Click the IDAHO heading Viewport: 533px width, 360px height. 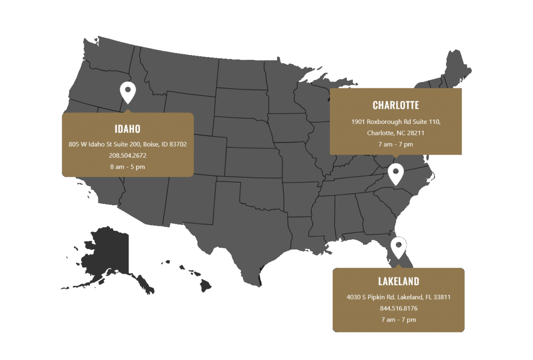tap(128, 129)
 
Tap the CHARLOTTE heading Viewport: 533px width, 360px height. tap(396, 106)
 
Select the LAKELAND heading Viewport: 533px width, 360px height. tap(398, 282)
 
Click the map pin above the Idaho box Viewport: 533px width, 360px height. tap(128, 92)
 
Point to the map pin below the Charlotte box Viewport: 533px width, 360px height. tap(396, 173)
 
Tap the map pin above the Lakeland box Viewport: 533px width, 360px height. tap(398, 247)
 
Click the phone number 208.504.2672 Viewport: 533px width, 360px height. tap(128, 155)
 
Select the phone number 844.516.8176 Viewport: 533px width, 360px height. tap(398, 308)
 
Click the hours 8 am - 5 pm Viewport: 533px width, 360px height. tap(128, 166)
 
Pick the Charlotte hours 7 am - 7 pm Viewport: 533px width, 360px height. tap(396, 144)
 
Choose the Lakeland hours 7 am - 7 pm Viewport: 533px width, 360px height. tap(398, 319)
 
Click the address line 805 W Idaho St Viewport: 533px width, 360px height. tap(128, 144)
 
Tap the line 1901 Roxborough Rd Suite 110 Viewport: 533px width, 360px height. tap(396, 122)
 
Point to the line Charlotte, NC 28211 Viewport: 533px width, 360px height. tap(396, 133)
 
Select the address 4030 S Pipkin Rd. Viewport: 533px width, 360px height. tap(398, 298)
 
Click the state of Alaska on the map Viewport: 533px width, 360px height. tap(107, 252)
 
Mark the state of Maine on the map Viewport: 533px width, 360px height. tap(458, 68)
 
